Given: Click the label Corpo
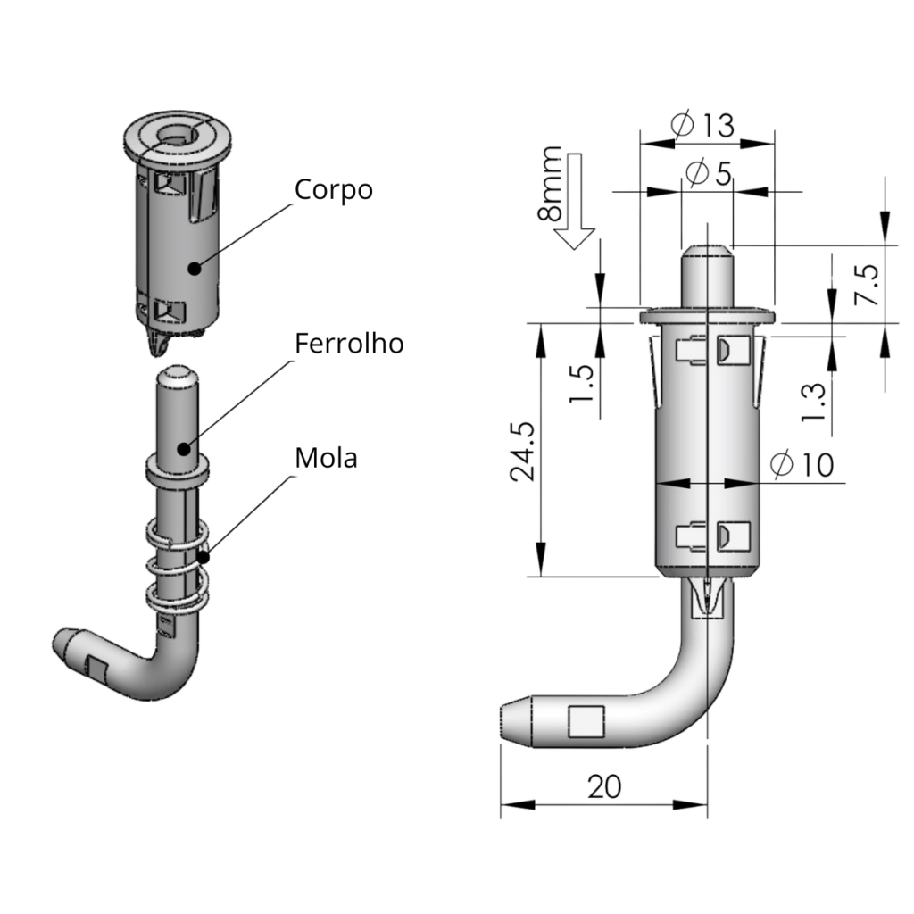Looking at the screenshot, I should coord(333,190).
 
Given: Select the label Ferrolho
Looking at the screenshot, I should coord(349,343).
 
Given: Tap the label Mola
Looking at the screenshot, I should coord(326,458).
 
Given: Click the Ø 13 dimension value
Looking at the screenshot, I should coord(704,126).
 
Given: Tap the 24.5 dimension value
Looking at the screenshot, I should coord(522,451).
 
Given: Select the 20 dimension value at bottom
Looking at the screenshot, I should coord(604,786).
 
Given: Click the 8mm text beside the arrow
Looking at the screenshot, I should coord(551,184).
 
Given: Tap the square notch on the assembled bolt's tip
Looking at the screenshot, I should coord(586,721).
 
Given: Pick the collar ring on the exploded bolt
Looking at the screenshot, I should coord(177,469).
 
